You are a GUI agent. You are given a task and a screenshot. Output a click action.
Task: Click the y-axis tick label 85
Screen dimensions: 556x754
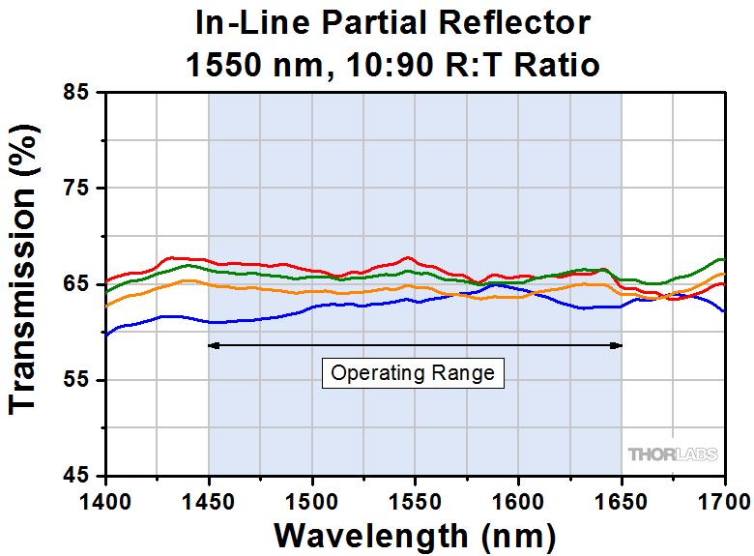tap(77, 93)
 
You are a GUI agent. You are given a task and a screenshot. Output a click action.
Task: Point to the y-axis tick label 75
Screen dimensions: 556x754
tap(77, 189)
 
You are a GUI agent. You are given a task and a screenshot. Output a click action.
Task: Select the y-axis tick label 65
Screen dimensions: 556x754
tap(77, 284)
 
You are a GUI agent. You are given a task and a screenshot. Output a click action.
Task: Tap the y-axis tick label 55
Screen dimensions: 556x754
tap(77, 380)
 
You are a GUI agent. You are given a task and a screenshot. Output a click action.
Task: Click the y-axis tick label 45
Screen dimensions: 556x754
tap(77, 476)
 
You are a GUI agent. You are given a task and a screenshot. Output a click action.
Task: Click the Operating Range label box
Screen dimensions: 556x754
tap(413, 373)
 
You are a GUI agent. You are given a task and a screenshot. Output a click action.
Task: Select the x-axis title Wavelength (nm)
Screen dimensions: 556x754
tap(415, 535)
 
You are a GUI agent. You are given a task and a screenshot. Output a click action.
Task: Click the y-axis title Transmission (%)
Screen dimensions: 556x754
tap(27, 283)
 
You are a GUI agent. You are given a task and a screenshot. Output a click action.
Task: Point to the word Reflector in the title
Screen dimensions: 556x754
tap(531, 21)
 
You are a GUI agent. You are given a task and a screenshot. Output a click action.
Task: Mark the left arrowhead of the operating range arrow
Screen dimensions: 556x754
tap(214, 345)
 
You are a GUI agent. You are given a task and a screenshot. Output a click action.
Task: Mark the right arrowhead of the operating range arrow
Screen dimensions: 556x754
tap(617, 345)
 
